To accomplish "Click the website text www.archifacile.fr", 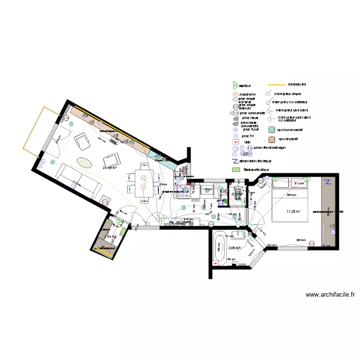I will tap(330, 295).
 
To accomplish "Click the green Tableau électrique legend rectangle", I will tap(236, 170).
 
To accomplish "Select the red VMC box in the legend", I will tap(236, 143).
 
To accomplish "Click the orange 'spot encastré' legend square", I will tap(272, 139).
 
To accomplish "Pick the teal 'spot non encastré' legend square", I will tap(272, 130).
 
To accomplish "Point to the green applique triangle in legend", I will tap(235, 85).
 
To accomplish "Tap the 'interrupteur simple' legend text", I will tap(288, 94).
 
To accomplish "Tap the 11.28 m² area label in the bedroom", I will tap(293, 211).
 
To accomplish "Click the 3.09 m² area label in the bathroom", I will tap(234, 248).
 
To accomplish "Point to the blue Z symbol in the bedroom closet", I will tap(328, 182).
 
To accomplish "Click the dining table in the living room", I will tap(143, 183).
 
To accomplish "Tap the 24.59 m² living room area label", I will tap(109, 168).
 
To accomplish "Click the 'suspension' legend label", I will tap(248, 95).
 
